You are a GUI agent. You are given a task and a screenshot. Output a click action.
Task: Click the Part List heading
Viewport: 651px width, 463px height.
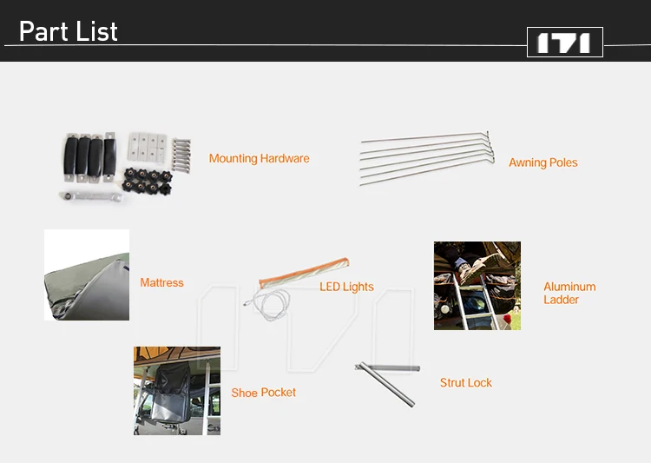click(69, 31)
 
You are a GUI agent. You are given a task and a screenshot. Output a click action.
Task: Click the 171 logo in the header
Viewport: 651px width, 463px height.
click(565, 42)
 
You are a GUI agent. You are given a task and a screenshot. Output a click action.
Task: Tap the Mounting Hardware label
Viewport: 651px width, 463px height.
click(259, 158)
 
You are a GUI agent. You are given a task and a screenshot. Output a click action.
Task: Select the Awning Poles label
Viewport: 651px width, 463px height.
click(543, 162)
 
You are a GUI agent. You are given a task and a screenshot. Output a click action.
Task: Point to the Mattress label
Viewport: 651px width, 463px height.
click(162, 282)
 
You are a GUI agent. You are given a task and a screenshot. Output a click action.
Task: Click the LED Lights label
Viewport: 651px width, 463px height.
click(346, 287)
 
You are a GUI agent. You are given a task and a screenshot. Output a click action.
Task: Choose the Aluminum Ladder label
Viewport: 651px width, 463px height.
click(569, 293)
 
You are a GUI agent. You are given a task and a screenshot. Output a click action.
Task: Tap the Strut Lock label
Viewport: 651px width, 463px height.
click(466, 382)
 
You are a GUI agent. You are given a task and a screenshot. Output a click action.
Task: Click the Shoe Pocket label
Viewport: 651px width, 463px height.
click(264, 393)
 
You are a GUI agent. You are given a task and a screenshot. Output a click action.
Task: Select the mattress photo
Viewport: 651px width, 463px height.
click(87, 274)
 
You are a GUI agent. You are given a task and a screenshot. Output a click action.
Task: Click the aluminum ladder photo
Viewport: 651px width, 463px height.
click(477, 286)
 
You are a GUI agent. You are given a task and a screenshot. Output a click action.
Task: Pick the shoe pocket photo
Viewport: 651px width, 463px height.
click(177, 391)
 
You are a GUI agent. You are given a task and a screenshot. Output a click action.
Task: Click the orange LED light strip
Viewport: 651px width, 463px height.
click(304, 273)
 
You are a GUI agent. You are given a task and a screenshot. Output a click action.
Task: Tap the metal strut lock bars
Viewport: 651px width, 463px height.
click(386, 384)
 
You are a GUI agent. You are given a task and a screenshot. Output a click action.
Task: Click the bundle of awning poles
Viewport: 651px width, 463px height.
click(427, 157)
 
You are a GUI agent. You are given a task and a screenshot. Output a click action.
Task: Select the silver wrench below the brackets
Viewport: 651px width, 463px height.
click(91, 196)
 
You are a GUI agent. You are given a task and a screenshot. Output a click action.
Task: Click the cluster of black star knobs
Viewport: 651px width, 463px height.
click(148, 182)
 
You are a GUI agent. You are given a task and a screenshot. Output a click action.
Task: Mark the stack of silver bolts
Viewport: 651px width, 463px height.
click(181, 155)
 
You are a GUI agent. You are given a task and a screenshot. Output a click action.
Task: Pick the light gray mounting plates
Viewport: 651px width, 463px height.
click(148, 147)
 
